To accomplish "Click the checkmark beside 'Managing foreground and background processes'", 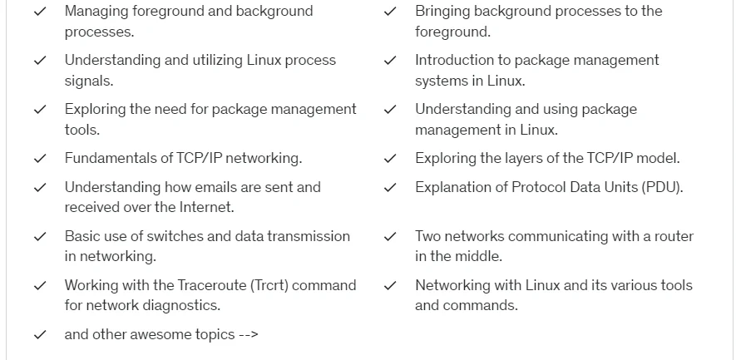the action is click(x=41, y=12).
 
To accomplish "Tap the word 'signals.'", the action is click(x=89, y=81).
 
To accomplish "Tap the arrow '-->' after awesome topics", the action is click(x=249, y=335).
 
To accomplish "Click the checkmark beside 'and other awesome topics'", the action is click(x=41, y=335).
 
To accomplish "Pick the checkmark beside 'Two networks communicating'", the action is click(x=391, y=237).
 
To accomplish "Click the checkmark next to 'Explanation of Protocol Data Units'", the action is click(x=391, y=188).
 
